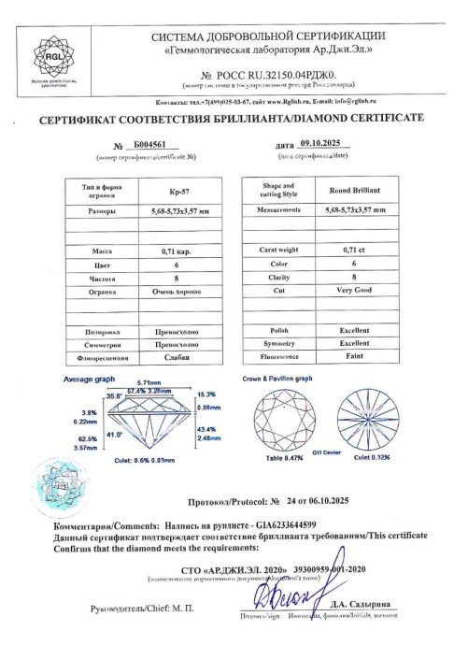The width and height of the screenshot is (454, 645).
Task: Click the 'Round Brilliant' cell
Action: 353,190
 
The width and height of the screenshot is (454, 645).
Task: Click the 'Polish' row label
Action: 275,331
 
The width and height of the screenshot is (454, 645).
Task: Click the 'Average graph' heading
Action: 88,379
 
